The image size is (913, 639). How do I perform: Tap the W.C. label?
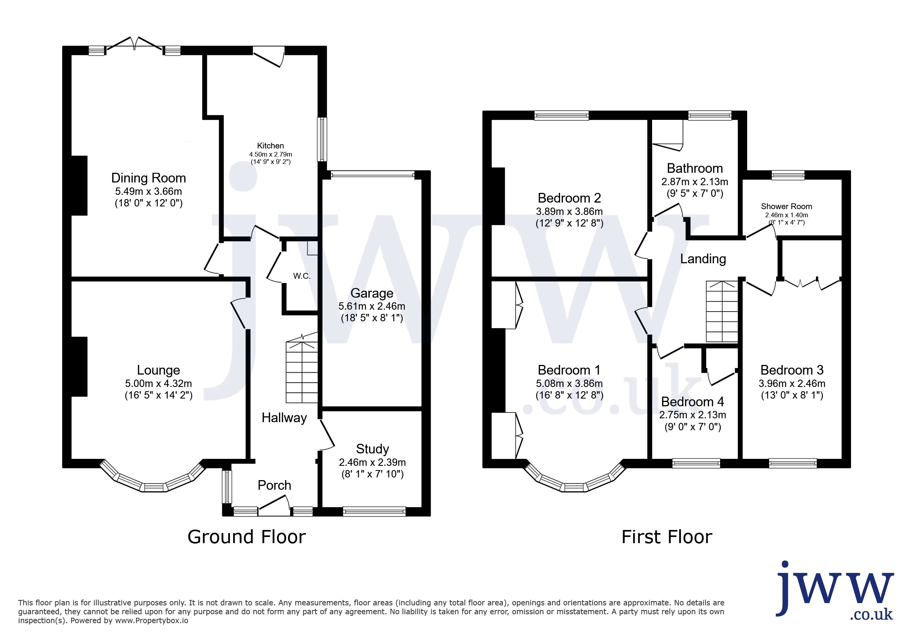(x=302, y=276)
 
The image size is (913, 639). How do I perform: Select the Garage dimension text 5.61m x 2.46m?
(x=372, y=306)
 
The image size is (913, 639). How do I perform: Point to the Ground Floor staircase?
(x=302, y=368)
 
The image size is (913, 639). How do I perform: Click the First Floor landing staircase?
(x=722, y=311)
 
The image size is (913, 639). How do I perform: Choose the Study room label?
(x=372, y=449)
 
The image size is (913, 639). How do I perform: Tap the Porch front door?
(x=274, y=507)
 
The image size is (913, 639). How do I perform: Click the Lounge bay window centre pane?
(x=154, y=487)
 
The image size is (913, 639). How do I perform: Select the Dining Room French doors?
(x=135, y=44)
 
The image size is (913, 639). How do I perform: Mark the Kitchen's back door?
(x=269, y=56)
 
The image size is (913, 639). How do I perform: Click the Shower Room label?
(x=786, y=206)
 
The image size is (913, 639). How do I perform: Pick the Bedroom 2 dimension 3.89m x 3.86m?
(x=569, y=211)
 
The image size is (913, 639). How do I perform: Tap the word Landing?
(x=703, y=259)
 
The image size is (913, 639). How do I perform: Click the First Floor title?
(x=667, y=537)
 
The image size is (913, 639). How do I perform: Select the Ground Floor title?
(x=247, y=537)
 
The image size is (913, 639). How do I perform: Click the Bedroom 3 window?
(x=793, y=463)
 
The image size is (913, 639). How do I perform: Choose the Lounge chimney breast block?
(x=79, y=366)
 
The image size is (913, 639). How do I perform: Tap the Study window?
(x=374, y=511)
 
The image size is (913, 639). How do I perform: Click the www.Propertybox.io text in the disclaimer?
(x=152, y=620)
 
